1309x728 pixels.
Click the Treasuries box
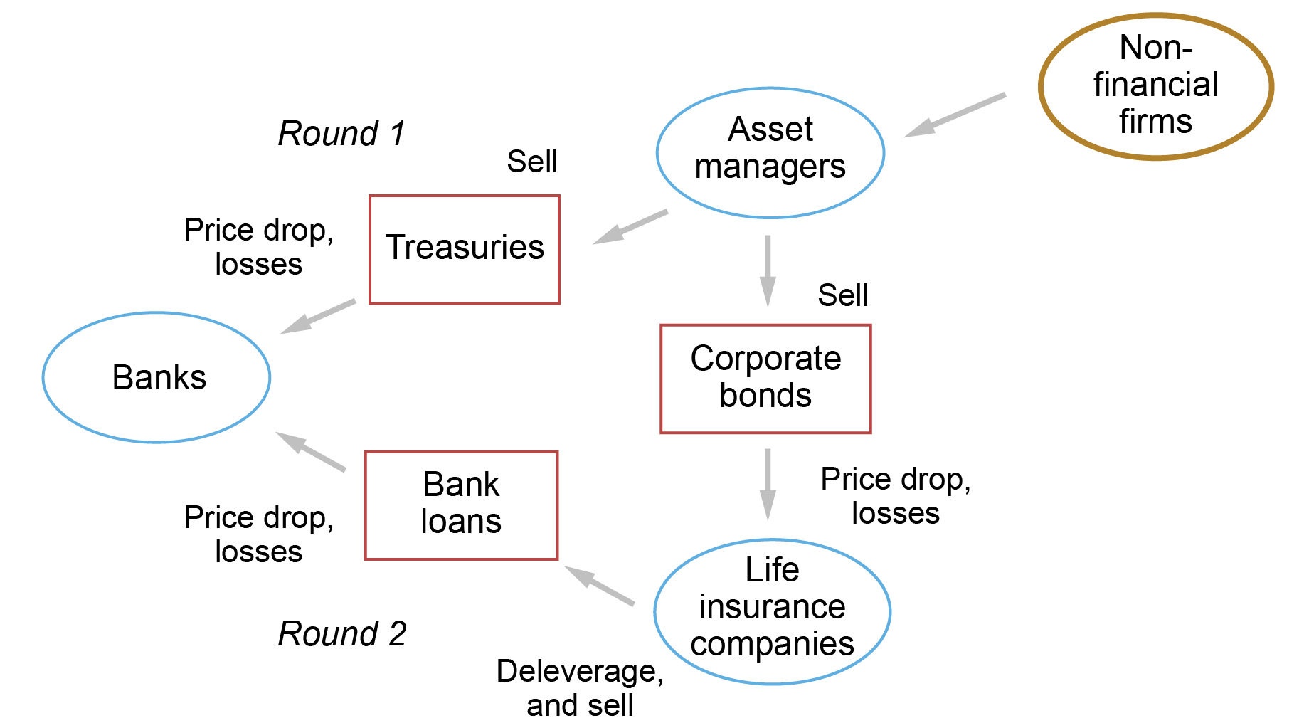(x=465, y=249)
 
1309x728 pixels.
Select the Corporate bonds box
(x=765, y=378)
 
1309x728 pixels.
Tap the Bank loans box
(x=461, y=505)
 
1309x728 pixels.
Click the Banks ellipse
(x=157, y=377)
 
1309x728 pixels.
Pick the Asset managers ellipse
(x=770, y=152)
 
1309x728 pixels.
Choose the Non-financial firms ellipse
(x=1155, y=86)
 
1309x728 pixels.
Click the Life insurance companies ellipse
(x=772, y=611)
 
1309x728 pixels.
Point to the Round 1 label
(x=341, y=134)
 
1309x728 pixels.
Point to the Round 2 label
(x=341, y=634)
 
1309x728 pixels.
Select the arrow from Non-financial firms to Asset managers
(x=954, y=115)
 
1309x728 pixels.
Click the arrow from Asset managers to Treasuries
(x=630, y=227)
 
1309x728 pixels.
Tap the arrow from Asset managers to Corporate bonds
(x=768, y=270)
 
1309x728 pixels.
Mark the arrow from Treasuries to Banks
(x=318, y=316)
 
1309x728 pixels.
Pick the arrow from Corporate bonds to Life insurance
(x=768, y=484)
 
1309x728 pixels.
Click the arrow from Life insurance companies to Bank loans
(x=599, y=586)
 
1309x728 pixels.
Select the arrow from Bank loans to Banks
(x=310, y=451)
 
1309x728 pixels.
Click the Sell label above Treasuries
(x=531, y=162)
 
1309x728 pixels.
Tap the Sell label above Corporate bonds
(x=842, y=295)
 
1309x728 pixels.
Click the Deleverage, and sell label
(x=580, y=687)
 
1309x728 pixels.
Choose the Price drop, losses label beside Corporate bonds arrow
(x=895, y=496)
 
